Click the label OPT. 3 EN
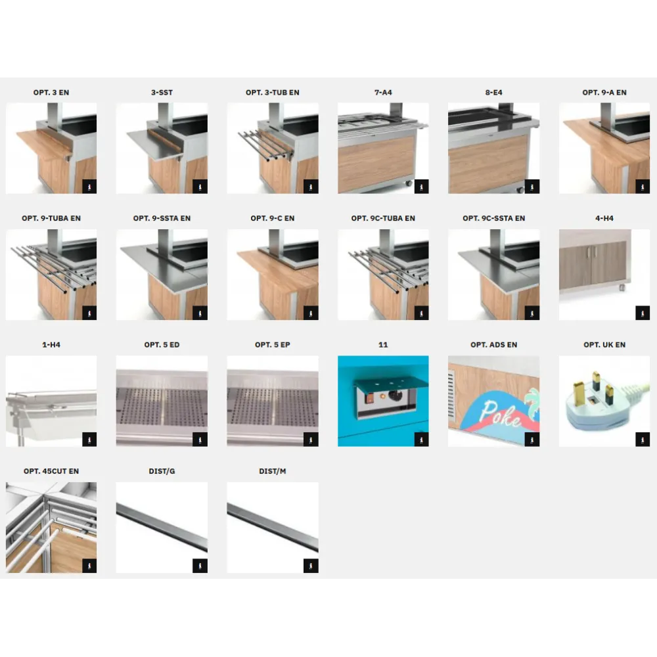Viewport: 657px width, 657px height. coord(51,93)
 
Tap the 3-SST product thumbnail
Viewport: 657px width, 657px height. coord(162,148)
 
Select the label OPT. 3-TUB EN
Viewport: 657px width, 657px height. coord(273,93)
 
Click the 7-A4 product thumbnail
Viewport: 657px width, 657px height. coord(383,148)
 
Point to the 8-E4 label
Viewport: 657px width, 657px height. coord(493,93)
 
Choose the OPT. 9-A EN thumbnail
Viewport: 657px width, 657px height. coord(604,148)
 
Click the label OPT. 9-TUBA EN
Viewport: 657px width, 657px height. coord(51,218)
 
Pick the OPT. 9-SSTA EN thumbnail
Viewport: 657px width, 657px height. coord(162,275)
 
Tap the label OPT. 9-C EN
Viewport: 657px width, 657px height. coord(273,218)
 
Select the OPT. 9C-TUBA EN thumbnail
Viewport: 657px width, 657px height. coord(383,275)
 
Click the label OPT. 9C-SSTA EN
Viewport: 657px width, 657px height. coord(493,218)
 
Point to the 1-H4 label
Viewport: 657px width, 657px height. coord(51,344)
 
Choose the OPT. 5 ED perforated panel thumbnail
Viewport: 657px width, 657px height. coord(162,401)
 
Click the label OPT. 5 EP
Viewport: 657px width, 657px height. coord(273,344)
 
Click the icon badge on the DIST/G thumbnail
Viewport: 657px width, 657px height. coord(200,566)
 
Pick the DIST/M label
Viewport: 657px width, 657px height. coord(273,471)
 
